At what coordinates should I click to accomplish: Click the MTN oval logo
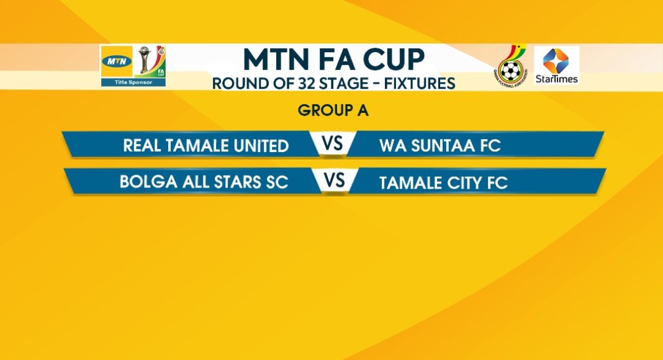116,61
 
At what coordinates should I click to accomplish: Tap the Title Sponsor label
133,83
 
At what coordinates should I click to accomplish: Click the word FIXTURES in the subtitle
420,83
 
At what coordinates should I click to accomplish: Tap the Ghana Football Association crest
510,66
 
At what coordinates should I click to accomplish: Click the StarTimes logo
556,66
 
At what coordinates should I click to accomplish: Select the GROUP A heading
333,110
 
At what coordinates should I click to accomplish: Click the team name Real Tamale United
206,146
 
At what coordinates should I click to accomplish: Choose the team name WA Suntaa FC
440,146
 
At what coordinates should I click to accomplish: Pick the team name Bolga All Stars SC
204,182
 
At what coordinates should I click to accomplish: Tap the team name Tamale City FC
443,183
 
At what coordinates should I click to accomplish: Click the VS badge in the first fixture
332,143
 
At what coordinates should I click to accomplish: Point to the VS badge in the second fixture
335,181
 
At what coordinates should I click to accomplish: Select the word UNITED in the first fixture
261,146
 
